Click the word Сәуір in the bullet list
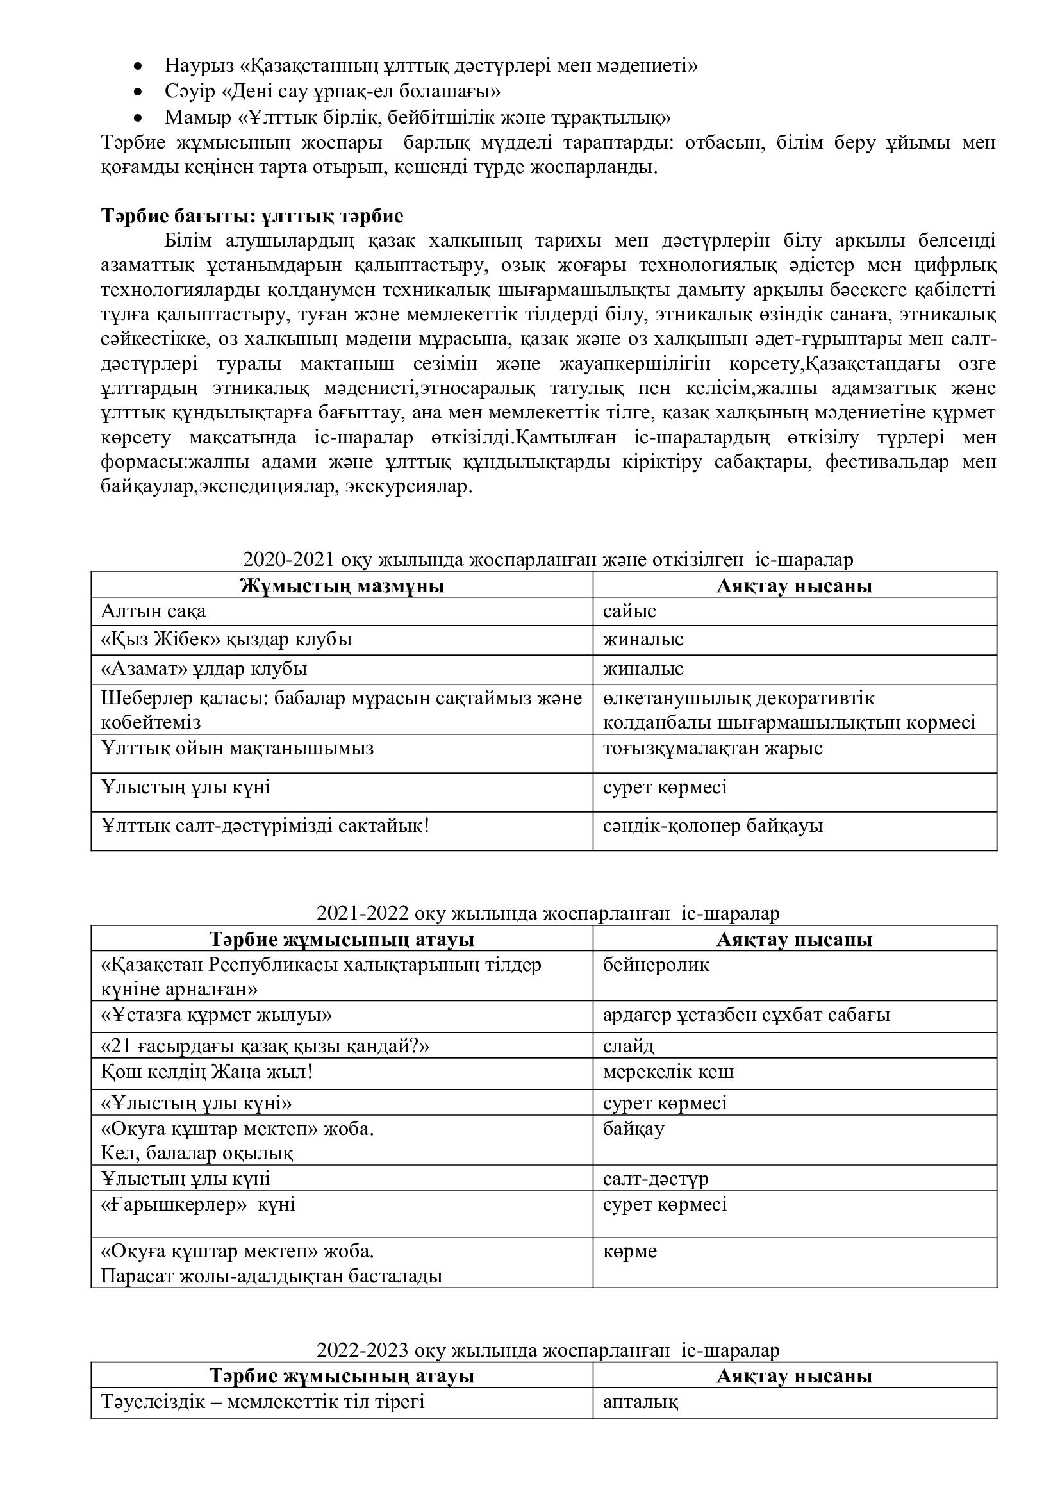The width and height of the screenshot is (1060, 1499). (190, 92)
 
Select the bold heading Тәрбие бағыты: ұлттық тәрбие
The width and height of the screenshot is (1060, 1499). (252, 216)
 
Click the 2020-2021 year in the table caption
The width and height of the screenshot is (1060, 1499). (288, 560)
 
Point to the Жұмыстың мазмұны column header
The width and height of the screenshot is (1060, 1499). (342, 586)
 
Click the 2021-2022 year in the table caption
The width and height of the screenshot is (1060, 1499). (362, 913)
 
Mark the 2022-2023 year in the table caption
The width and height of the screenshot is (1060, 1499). (362, 1350)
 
